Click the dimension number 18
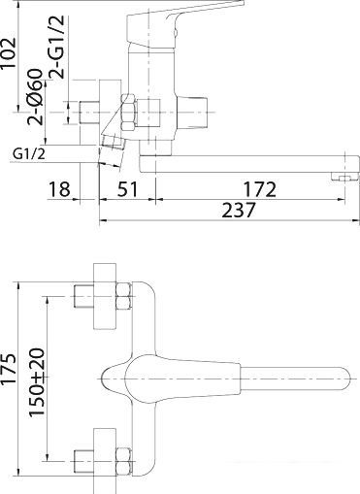tap(60, 188)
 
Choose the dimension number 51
tap(123, 188)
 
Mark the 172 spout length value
tap(259, 188)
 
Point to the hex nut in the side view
tap(128, 110)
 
